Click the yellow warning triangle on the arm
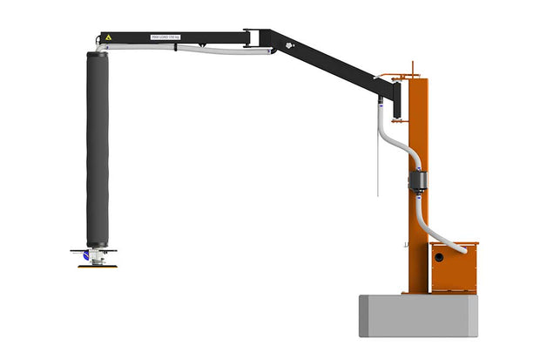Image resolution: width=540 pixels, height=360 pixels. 108,37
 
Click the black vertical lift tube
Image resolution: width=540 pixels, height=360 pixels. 97,148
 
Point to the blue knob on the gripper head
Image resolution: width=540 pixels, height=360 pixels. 86,255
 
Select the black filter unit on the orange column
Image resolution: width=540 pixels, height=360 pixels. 416,180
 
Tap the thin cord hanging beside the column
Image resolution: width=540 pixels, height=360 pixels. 376,166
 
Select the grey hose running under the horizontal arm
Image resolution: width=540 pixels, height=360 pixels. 200,51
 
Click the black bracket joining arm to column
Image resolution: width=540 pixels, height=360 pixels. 396,96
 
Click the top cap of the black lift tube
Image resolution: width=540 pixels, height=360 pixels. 97,54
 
